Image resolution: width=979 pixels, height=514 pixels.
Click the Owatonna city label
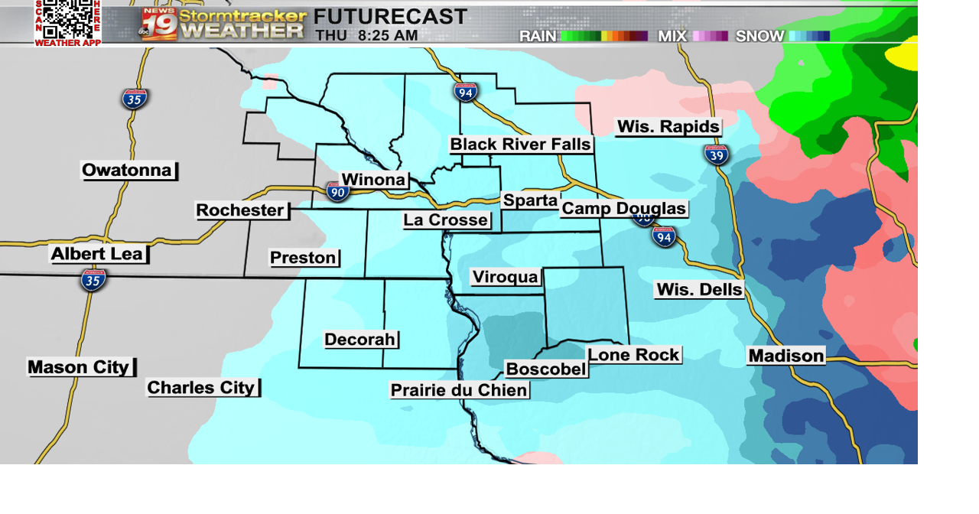128,171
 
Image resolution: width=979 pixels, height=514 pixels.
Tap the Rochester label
241,210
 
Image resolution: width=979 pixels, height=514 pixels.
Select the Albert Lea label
98,254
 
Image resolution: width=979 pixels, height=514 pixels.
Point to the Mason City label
80,367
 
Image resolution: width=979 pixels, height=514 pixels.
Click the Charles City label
202,388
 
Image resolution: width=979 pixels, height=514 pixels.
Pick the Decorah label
360,340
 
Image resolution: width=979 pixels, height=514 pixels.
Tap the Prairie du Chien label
459,390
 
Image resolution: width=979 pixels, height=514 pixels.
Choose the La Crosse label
446,220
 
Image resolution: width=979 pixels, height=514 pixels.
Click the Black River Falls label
520,145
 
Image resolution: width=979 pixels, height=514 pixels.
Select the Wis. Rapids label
668,127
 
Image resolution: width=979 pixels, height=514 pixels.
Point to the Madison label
786,356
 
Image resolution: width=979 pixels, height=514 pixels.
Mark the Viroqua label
506,277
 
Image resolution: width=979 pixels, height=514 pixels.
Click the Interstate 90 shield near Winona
337,191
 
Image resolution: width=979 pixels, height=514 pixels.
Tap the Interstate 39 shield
717,155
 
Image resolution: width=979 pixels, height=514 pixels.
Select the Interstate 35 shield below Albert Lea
93,280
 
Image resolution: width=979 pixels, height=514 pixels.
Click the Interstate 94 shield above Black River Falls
466,92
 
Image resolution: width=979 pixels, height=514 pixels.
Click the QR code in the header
67,19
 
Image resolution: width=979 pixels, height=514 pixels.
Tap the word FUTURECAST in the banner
390,16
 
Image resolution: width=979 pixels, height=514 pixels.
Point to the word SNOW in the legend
759,36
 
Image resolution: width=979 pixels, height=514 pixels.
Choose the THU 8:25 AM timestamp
366,35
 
